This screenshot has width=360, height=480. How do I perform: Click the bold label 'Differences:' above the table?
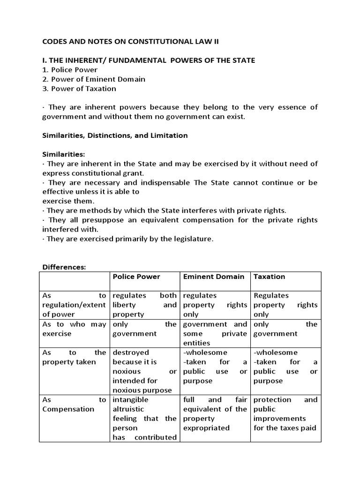click(x=64, y=267)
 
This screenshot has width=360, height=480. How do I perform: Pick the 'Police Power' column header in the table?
click(x=136, y=277)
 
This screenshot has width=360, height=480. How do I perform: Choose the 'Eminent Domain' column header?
click(x=213, y=277)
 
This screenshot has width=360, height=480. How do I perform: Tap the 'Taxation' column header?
click(x=269, y=277)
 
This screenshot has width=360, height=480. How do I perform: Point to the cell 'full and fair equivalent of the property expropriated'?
click(x=215, y=413)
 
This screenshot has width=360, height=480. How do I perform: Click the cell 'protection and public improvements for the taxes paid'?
click(x=285, y=413)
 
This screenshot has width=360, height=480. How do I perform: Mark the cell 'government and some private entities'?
click(x=215, y=333)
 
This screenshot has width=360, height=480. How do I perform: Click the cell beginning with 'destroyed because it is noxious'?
click(x=144, y=371)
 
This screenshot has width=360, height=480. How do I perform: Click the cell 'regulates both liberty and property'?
click(x=144, y=305)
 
